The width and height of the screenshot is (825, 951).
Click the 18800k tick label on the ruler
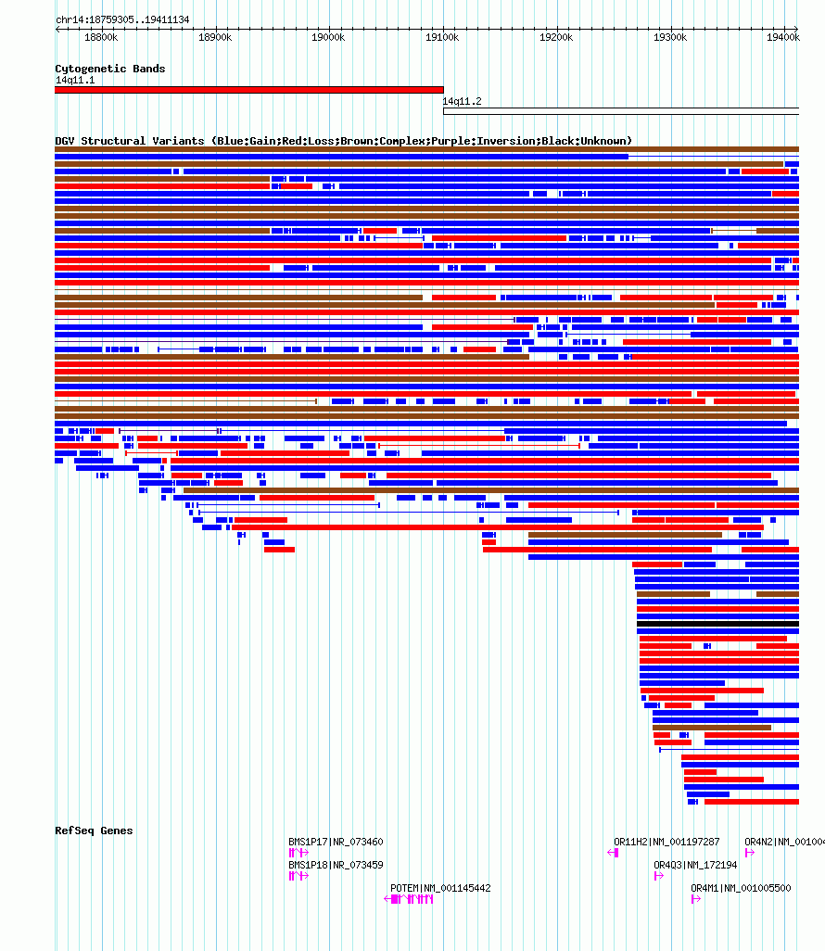[101, 38]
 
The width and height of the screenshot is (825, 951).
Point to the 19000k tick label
[328, 38]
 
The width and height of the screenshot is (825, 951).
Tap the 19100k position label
[442, 38]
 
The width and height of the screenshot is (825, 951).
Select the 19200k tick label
[556, 38]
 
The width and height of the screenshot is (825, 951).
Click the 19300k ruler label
[670, 38]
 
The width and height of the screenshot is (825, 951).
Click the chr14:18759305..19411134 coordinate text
[122, 20]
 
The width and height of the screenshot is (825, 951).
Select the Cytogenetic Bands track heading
[109, 69]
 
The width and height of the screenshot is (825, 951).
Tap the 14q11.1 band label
[75, 80]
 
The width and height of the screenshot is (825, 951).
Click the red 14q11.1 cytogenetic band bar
[249, 90]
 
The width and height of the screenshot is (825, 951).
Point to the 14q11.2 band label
[463, 101]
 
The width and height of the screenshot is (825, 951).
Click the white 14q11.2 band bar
[621, 111]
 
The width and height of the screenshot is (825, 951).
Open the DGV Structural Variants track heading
[343, 141]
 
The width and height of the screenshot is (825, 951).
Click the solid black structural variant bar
[717, 624]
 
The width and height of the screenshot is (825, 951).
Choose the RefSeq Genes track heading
[94, 831]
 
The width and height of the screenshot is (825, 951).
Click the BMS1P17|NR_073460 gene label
[336, 842]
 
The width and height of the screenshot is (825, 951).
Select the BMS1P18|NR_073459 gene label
[336, 865]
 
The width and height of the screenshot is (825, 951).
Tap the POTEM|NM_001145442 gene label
[440, 888]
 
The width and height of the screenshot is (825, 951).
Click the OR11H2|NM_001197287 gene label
[666, 842]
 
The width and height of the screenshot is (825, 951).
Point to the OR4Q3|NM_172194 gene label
[695, 865]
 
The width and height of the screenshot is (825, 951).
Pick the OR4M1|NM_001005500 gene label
[741, 888]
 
